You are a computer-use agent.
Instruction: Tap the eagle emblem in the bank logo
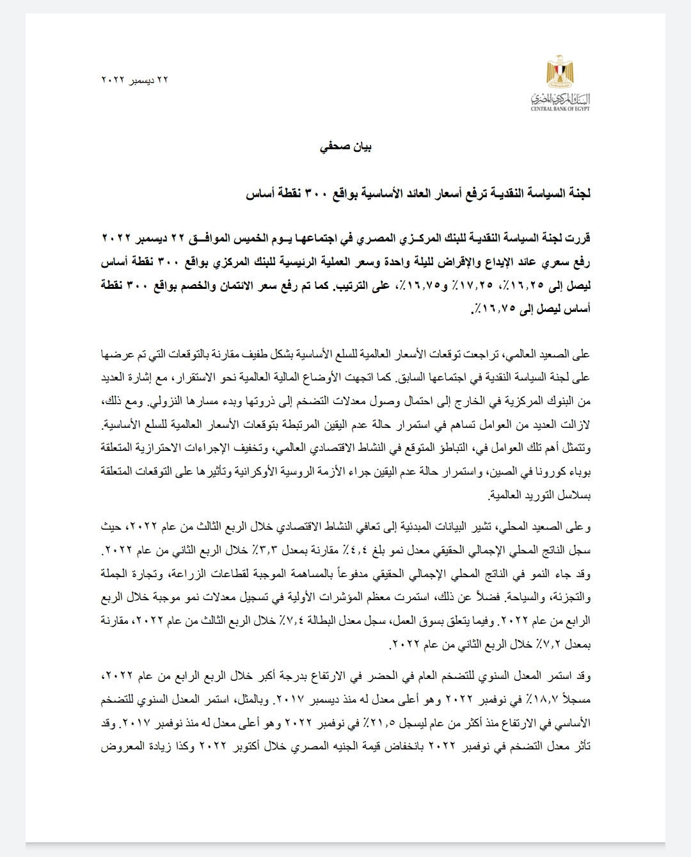click(x=560, y=71)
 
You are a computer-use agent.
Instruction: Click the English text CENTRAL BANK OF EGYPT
click(x=560, y=109)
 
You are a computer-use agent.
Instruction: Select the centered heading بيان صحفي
click(x=346, y=147)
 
